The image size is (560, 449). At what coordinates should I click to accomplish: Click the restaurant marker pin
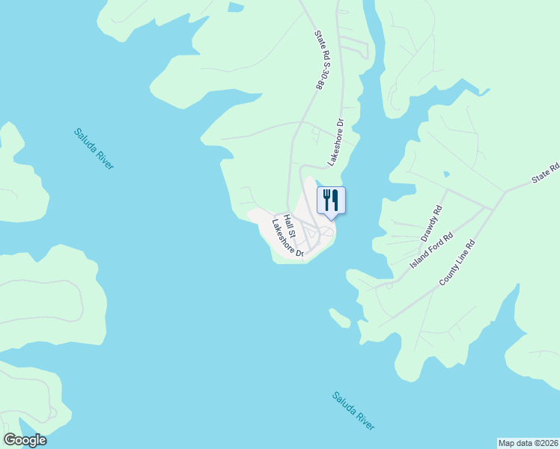click(x=331, y=201)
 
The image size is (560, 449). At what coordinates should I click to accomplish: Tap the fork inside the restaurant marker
click(x=326, y=199)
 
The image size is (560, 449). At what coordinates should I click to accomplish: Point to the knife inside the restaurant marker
click(x=335, y=200)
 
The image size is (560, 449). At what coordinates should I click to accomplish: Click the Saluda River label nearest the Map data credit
click(x=354, y=410)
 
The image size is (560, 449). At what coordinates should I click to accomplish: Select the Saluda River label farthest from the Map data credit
click(x=94, y=148)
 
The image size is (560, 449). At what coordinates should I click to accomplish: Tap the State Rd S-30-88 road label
click(x=318, y=60)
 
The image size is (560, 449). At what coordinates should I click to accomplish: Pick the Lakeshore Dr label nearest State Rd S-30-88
click(x=335, y=142)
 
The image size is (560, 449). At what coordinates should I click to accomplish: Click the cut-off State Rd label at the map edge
click(x=545, y=176)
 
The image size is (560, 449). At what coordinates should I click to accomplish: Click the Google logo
click(x=25, y=440)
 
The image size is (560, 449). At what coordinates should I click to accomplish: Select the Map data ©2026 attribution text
click(x=528, y=442)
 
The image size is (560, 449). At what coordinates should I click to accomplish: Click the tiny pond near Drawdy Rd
click(x=446, y=174)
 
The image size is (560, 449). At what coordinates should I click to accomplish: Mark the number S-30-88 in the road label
click(x=319, y=76)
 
